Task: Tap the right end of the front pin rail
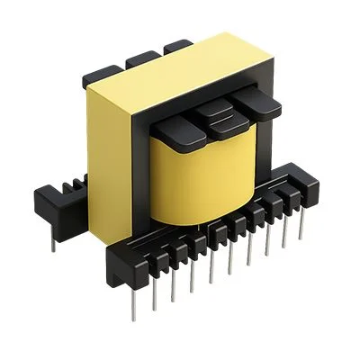point(311,189)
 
